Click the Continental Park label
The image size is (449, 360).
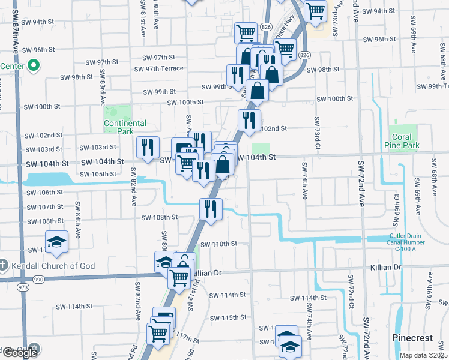click(125, 127)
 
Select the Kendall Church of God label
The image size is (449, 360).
click(47, 265)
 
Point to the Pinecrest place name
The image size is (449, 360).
click(412, 338)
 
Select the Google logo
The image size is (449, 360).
click(19, 353)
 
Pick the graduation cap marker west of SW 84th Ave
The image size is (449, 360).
click(57, 241)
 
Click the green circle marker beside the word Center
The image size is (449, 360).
click(33, 65)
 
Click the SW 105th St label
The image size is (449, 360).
click(95, 174)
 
